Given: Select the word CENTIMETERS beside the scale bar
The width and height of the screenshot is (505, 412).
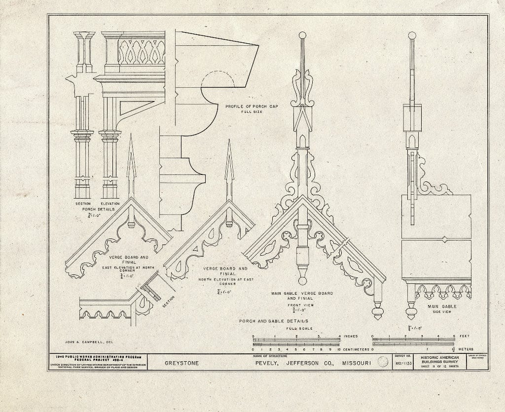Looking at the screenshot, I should [356, 349].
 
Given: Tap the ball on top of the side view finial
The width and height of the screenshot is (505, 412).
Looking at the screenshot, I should [412, 35].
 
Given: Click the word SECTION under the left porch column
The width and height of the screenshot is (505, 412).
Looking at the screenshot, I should [83, 204].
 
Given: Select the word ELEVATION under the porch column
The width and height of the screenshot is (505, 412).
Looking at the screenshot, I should [109, 204].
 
